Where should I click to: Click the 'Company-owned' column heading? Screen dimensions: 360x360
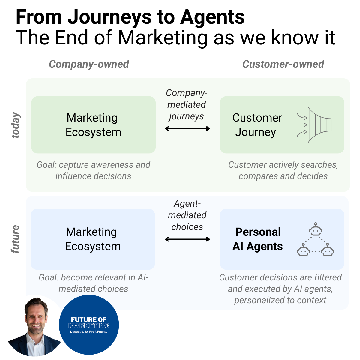[89, 64]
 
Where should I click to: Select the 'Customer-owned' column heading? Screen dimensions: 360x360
[283, 64]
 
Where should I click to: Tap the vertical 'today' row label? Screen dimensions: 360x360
[16, 125]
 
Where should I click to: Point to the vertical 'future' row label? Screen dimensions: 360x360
[16, 239]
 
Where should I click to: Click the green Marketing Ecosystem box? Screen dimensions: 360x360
[93, 125]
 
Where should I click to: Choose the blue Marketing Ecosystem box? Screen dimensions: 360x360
[93, 239]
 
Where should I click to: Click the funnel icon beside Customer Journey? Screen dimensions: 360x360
[315, 125]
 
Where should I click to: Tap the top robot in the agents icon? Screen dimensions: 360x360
[315, 230]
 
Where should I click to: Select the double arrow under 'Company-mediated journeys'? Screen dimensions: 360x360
[187, 129]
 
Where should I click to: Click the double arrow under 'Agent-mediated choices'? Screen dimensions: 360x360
[187, 239]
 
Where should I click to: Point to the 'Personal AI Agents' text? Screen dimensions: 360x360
[258, 239]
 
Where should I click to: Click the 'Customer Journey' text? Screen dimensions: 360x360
[257, 125]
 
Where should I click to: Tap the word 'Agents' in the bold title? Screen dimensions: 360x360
[212, 17]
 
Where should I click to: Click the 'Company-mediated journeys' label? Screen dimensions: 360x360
[187, 104]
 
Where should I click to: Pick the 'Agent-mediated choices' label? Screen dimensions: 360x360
[187, 215]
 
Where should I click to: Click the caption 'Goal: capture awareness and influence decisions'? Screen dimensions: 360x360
[93, 170]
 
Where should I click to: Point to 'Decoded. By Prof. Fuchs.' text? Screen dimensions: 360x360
[88, 332]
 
